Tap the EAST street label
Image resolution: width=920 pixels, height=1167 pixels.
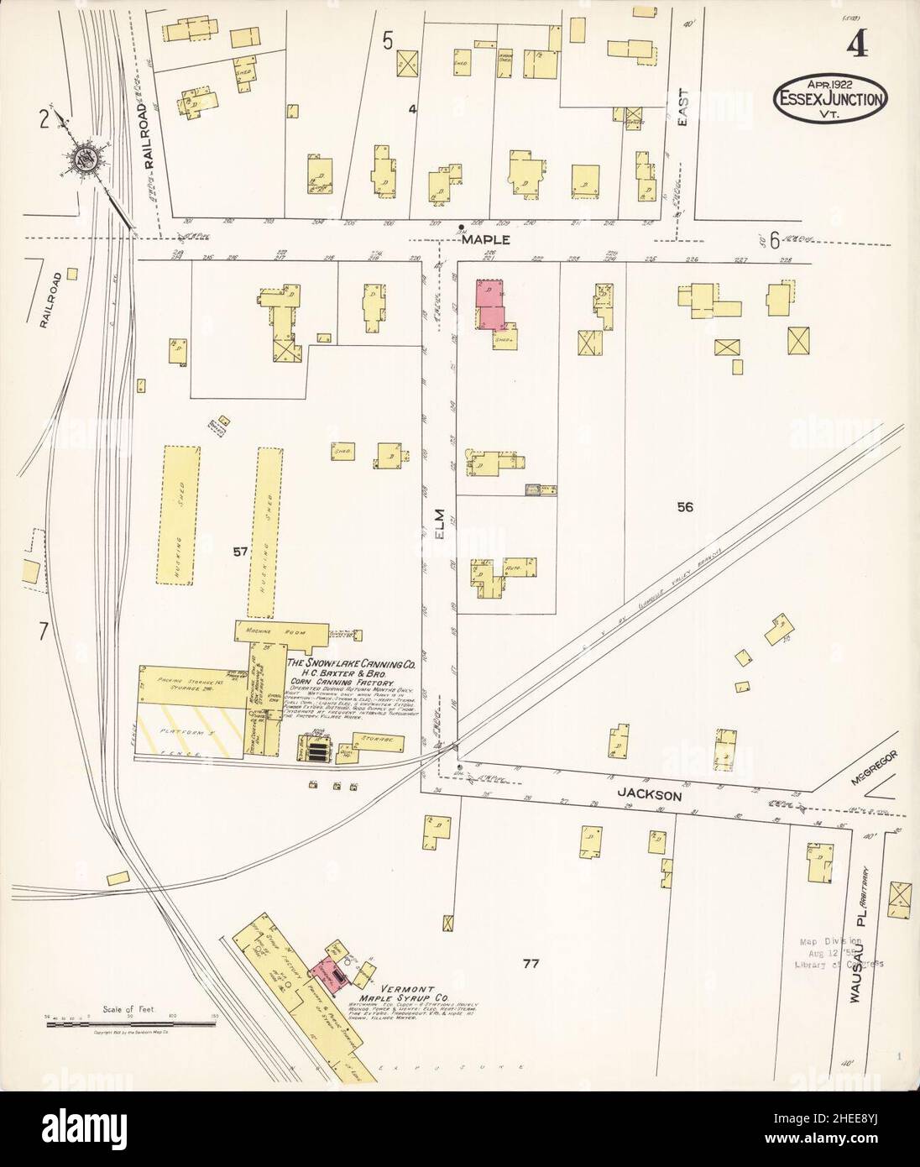pyautogui.click(x=682, y=110)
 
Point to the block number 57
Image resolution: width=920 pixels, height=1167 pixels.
pyautogui.click(x=241, y=552)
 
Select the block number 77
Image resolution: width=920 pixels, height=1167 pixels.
pyautogui.click(x=529, y=963)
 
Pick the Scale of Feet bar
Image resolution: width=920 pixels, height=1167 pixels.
pyautogui.click(x=130, y=1021)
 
